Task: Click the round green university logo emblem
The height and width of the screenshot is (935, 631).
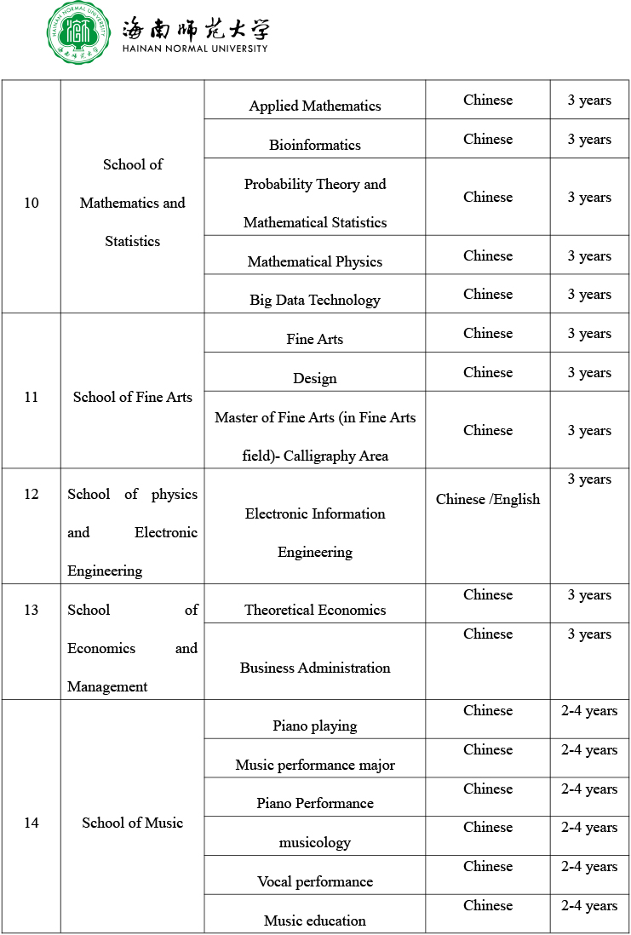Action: [x=78, y=33]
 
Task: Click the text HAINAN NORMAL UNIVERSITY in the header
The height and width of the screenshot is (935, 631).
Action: [x=195, y=49]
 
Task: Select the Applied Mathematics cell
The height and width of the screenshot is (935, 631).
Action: [x=315, y=106]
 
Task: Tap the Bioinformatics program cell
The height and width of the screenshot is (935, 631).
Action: [x=315, y=145]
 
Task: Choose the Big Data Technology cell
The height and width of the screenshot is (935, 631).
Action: [x=315, y=300]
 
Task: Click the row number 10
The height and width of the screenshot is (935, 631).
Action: [x=32, y=203]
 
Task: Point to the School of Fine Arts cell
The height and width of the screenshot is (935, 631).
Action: [x=133, y=397]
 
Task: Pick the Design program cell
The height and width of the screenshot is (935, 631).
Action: [x=315, y=378]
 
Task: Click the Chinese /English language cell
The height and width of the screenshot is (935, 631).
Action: [x=488, y=499]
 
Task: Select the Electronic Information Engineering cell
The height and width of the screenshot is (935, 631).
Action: [x=315, y=532]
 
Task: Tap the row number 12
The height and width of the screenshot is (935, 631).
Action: [x=32, y=494]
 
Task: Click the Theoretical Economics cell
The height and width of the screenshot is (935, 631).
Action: [x=315, y=610]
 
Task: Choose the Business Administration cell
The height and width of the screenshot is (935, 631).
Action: [x=315, y=668]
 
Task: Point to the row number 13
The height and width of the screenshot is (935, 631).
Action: [x=32, y=610]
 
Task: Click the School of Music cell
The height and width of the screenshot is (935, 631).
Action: [x=133, y=823]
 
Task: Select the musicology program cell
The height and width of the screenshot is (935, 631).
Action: [x=315, y=842]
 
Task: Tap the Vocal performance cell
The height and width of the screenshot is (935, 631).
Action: [x=315, y=881]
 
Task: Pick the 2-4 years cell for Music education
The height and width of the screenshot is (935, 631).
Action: [x=589, y=905]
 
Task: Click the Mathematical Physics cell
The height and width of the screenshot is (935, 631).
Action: [x=315, y=261]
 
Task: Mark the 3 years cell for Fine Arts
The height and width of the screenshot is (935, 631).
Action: [x=589, y=334]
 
